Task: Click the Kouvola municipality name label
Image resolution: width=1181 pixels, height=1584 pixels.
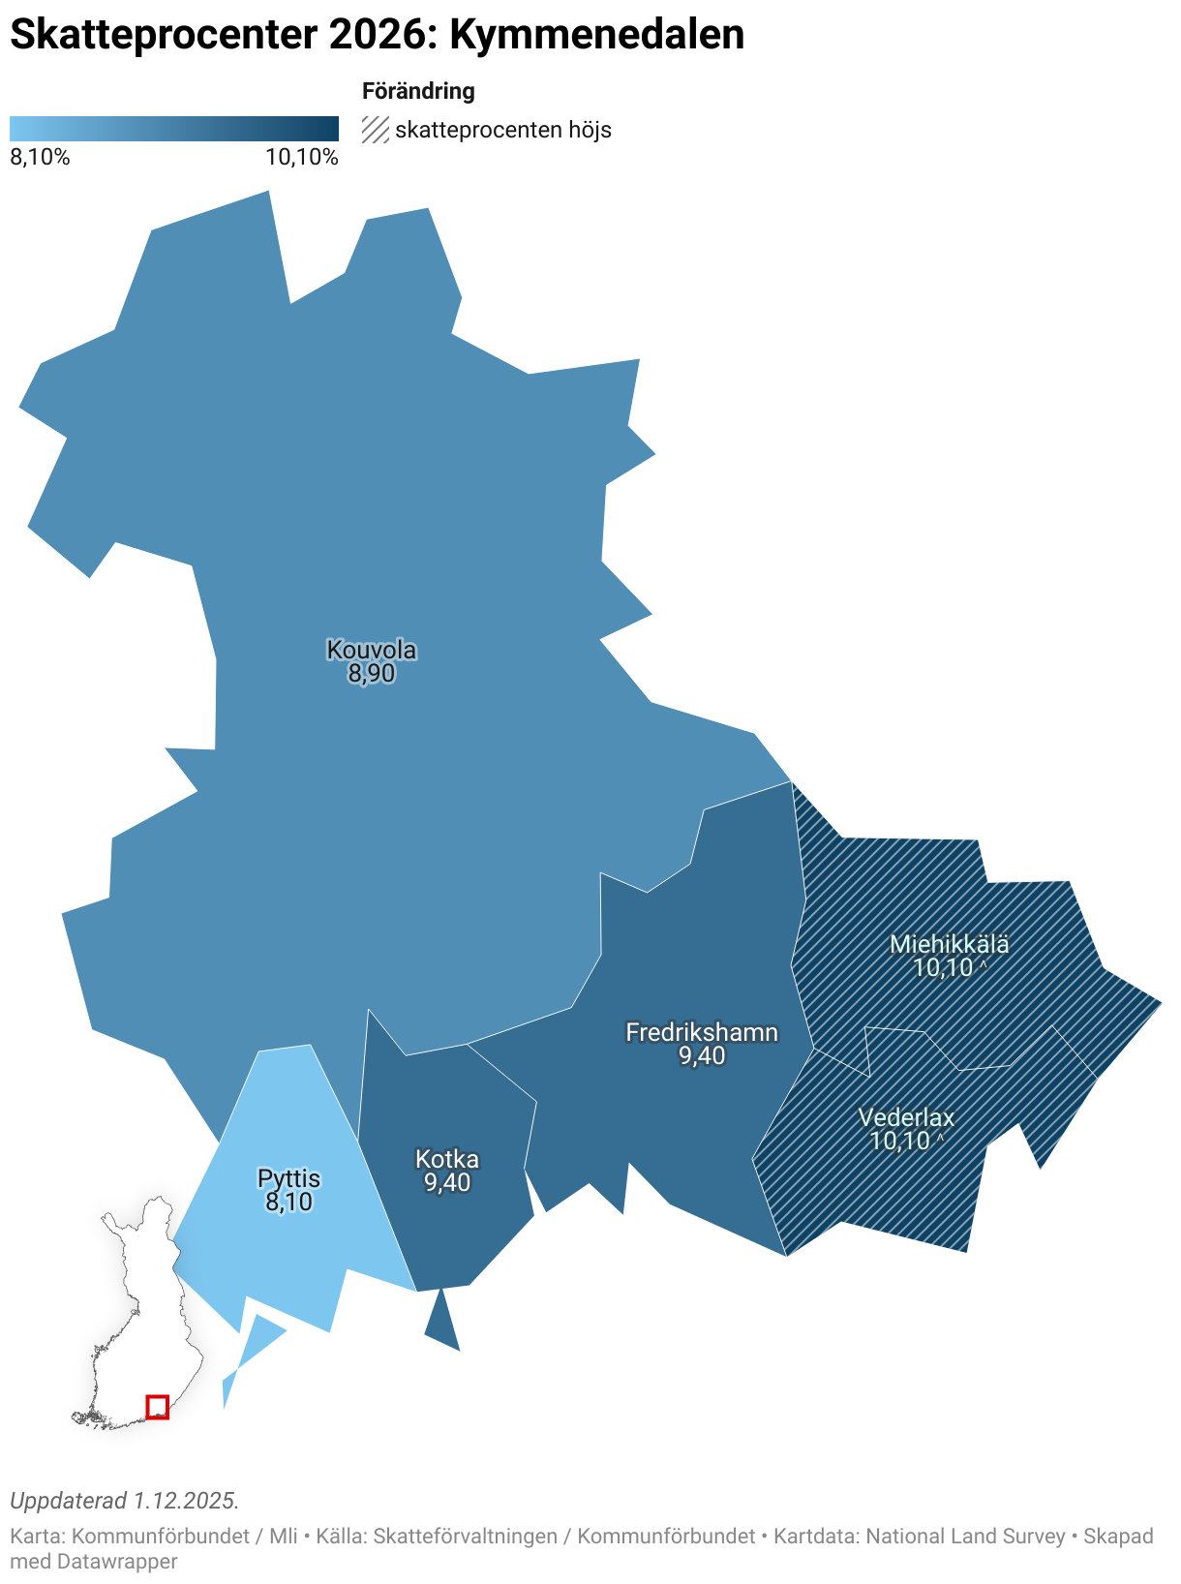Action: tap(372, 650)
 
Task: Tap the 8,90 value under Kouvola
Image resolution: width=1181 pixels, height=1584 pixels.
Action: tap(372, 674)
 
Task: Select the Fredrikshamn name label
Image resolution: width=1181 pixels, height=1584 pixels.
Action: tap(702, 1032)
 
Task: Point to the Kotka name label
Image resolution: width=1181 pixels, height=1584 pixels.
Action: tap(447, 1159)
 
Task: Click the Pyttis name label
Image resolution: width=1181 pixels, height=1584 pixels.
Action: tap(288, 1178)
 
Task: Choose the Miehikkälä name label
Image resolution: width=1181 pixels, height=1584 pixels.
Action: tap(950, 944)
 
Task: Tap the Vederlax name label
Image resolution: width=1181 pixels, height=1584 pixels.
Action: tap(906, 1118)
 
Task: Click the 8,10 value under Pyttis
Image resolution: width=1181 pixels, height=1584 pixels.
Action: tap(288, 1203)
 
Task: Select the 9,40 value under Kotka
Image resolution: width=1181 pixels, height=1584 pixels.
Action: tap(447, 1183)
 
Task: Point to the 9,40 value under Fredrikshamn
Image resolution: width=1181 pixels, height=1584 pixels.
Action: tap(702, 1056)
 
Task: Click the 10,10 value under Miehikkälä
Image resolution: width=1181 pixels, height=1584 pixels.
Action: tap(943, 967)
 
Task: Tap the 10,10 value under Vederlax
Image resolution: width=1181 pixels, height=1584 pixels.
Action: tap(899, 1142)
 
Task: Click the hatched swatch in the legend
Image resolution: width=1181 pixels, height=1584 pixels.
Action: tap(376, 130)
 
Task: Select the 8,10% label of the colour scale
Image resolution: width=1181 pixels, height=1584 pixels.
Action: tap(40, 158)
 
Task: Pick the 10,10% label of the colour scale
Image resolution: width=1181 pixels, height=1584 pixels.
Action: tap(302, 158)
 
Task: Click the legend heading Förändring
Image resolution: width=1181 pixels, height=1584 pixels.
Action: tap(418, 91)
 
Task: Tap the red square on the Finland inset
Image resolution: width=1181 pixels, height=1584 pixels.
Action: tap(157, 1407)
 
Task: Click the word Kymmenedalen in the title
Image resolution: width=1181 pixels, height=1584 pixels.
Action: tap(596, 35)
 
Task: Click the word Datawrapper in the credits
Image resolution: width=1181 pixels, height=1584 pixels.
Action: tap(117, 1562)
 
